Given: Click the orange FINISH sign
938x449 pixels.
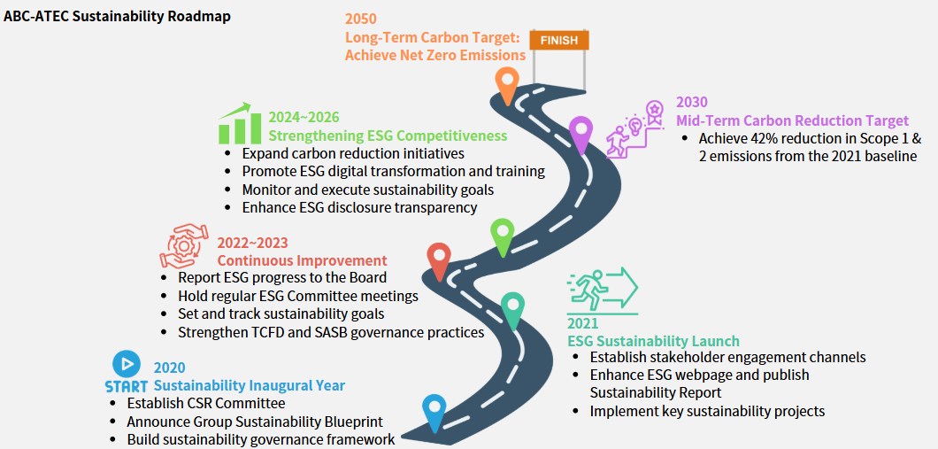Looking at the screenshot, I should [x=558, y=40].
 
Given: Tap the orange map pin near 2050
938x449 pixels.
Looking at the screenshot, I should [x=507, y=83].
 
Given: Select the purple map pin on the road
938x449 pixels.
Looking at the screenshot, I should [x=580, y=133].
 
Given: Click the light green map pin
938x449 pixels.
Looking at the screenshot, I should [x=503, y=236].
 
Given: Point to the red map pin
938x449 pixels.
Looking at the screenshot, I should [x=439, y=259].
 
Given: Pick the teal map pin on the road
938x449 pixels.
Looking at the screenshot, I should [x=512, y=308].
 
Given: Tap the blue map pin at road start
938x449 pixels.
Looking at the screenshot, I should [x=434, y=410].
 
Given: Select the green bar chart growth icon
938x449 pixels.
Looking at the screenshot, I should [x=238, y=124].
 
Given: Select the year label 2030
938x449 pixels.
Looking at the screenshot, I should [x=692, y=103].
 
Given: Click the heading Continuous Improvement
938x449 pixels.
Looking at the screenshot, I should [x=302, y=260].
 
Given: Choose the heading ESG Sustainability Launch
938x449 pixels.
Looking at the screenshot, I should [x=653, y=341].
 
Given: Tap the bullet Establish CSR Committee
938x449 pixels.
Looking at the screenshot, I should [x=205, y=403].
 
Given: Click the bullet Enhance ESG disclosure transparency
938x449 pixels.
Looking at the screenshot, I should [x=359, y=207].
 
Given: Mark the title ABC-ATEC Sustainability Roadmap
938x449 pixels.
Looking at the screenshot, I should [x=117, y=17].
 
